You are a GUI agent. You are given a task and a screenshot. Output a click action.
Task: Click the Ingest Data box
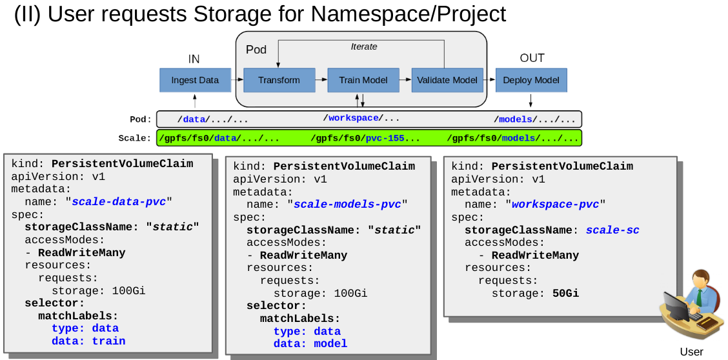195,81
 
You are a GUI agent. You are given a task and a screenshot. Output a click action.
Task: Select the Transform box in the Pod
279,81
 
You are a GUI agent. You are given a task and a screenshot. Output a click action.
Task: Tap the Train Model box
363,81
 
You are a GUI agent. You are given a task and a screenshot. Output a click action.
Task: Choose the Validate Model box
447,81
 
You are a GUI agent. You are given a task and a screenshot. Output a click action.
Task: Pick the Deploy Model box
531,81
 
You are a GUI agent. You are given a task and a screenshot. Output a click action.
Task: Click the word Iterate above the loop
364,47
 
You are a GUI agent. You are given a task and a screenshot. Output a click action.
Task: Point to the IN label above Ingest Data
194,59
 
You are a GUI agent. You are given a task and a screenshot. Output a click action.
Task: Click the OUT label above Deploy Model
532,59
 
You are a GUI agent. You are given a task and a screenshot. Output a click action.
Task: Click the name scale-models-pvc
347,204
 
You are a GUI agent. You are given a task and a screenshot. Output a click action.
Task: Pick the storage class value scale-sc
612,230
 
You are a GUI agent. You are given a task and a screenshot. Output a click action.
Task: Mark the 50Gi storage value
565,294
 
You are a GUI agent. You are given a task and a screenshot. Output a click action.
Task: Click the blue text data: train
88,341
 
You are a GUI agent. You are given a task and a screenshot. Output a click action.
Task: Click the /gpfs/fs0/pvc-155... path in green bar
365,138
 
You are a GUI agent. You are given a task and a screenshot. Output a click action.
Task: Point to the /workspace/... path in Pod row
361,119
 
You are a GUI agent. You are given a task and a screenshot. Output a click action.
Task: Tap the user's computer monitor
676,306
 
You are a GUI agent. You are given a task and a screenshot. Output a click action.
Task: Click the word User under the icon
691,352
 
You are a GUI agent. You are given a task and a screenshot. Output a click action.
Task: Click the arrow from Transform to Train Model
321,81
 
